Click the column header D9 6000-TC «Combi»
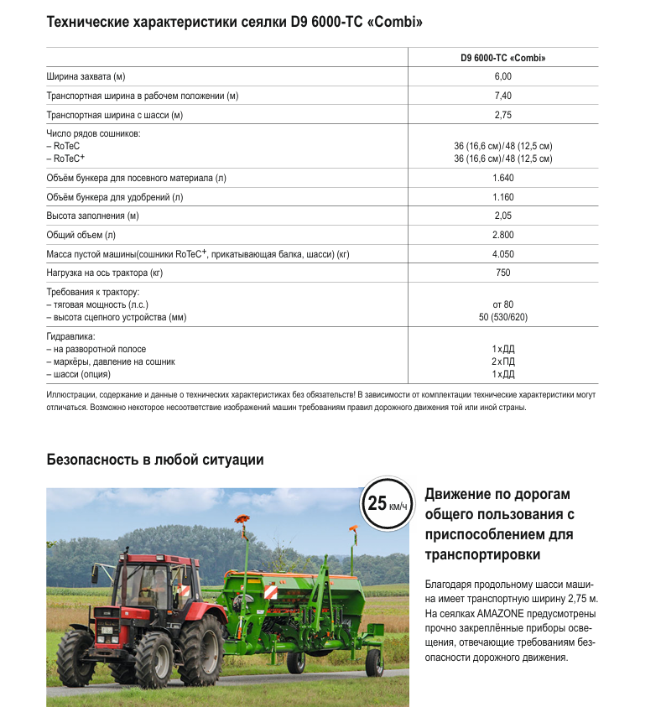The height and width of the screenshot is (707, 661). click(x=502, y=58)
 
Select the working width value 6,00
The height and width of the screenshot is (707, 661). click(x=502, y=77)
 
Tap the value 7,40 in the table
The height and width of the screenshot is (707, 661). click(x=502, y=96)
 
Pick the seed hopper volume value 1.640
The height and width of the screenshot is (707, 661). click(x=502, y=178)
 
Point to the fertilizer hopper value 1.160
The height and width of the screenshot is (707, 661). click(x=502, y=197)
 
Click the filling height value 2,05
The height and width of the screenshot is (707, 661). click(x=502, y=216)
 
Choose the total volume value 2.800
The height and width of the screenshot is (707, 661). click(x=502, y=235)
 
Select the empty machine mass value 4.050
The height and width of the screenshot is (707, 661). click(x=502, y=254)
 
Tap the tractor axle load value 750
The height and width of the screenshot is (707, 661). click(x=502, y=273)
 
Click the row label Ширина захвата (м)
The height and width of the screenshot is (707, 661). click(x=86, y=77)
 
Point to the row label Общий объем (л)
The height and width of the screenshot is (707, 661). click(x=81, y=235)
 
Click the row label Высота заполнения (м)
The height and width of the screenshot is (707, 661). click(x=92, y=216)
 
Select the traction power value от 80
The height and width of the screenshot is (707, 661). click(x=502, y=304)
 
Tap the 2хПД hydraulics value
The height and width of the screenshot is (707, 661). click(x=502, y=361)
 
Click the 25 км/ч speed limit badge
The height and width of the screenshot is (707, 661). click(x=387, y=504)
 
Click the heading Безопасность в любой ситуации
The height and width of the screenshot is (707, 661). click(x=155, y=460)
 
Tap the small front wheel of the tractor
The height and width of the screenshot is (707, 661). click(x=76, y=657)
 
